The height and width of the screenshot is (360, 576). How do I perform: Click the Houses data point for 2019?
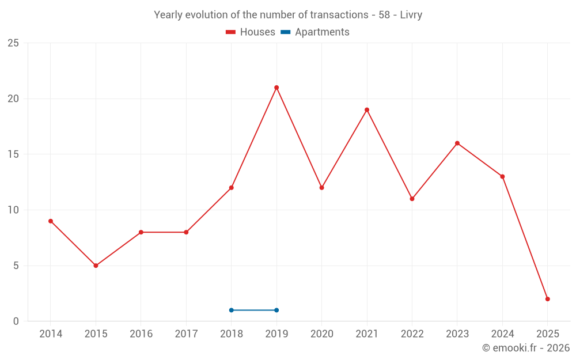276,88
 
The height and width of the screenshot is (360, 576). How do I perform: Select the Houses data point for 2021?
367,110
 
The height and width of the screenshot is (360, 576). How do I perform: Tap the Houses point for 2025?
548,299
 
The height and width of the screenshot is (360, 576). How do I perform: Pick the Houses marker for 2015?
96,266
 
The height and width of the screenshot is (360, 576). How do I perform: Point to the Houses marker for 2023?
457,143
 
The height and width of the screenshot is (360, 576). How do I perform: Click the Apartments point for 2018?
232,310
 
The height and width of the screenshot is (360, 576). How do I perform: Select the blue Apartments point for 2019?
276,310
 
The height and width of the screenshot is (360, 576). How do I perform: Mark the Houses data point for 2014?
51,221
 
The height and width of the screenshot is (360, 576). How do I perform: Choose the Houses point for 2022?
412,199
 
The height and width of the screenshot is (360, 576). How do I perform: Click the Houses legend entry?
251,32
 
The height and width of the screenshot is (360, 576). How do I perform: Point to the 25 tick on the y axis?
13,43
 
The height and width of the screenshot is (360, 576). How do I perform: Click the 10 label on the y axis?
13,210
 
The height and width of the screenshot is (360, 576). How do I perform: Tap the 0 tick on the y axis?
16,321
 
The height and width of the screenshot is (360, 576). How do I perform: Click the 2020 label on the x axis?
322,334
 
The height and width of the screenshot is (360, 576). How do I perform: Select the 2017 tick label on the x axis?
186,334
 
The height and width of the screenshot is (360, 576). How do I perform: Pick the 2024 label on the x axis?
502,334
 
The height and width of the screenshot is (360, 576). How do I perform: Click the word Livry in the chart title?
411,15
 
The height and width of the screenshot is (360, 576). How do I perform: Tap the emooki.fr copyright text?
525,348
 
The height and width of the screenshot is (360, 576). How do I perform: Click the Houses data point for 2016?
141,232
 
